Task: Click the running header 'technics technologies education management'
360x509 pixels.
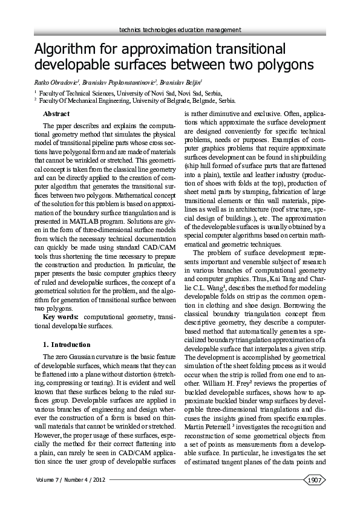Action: (180, 30)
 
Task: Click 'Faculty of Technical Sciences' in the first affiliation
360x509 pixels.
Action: (79, 94)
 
